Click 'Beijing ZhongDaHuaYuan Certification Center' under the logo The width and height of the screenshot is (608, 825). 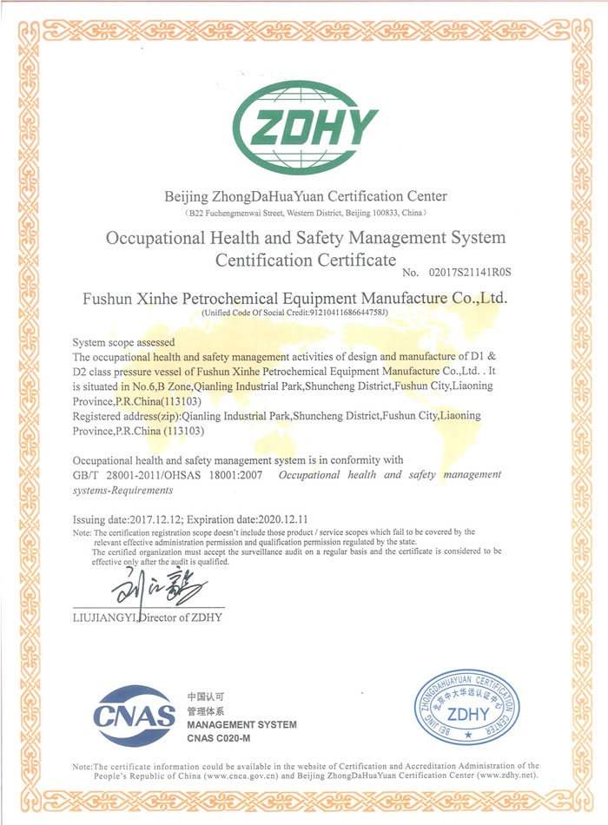click(x=305, y=197)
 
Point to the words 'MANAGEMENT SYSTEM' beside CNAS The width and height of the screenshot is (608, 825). click(x=241, y=724)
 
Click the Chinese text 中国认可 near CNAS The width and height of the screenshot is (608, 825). click(x=206, y=697)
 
